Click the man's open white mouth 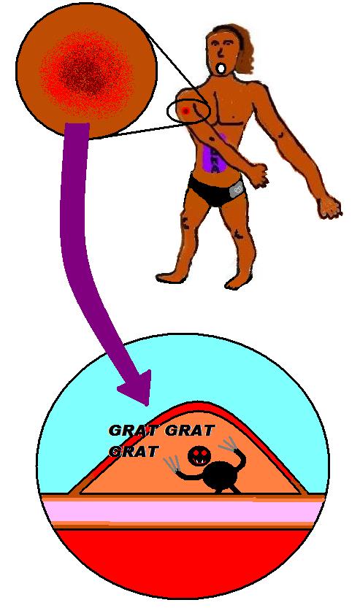coord(221,69)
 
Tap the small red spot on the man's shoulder coord(185,111)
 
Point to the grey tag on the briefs coord(237,189)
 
